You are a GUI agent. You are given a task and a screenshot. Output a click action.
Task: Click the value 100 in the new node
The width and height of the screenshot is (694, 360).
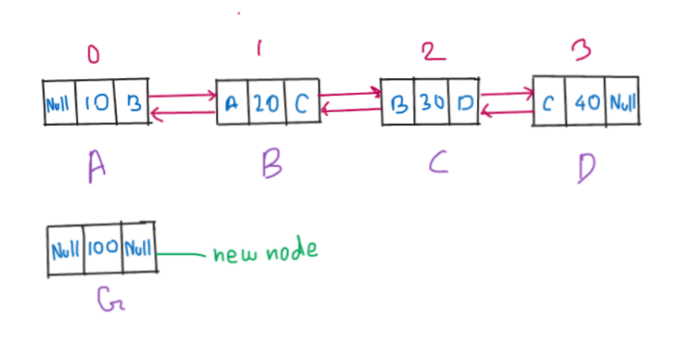point(102,249)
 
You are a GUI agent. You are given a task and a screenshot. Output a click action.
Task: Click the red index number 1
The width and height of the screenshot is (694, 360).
point(259,49)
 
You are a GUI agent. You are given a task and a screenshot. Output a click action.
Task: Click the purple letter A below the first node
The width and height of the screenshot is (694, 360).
point(96,166)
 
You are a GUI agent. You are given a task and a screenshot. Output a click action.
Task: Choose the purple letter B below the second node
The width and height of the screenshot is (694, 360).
point(271,163)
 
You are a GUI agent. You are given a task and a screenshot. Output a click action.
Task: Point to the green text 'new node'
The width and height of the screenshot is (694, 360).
point(266,251)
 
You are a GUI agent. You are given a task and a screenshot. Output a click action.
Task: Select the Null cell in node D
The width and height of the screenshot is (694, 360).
point(623,101)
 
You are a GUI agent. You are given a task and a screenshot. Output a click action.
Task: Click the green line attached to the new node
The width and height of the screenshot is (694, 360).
point(182,253)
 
